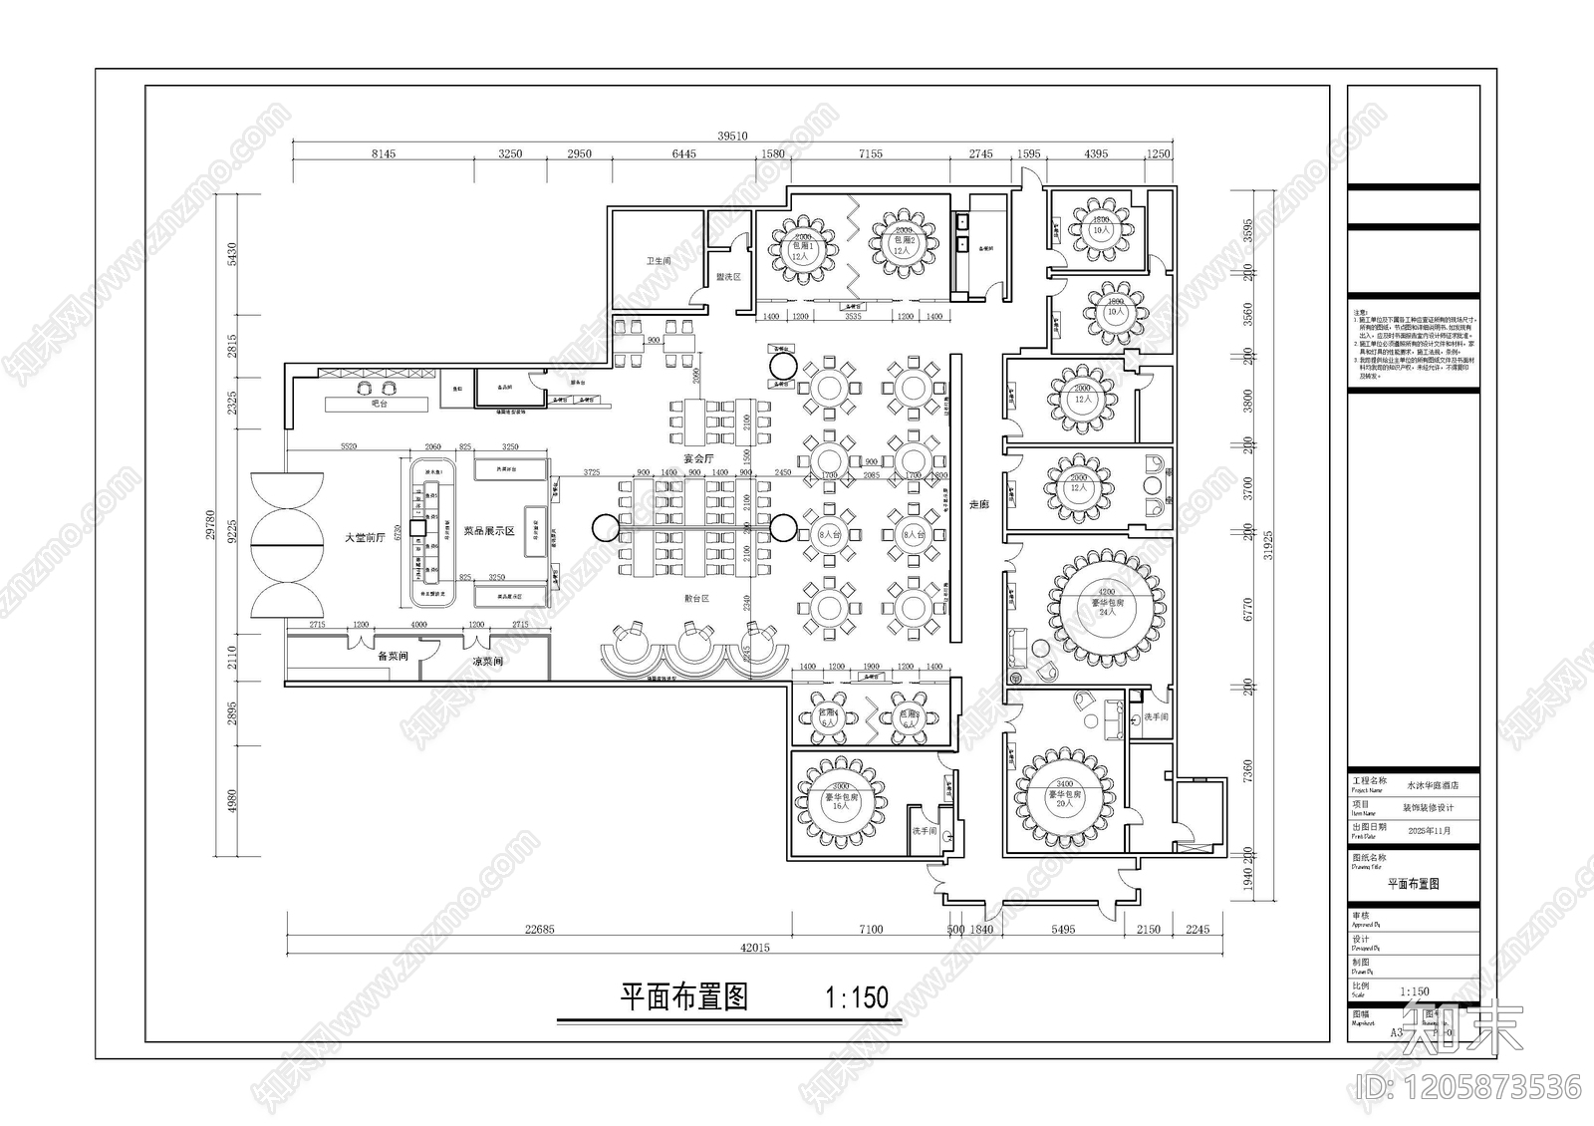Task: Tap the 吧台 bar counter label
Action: coord(379,405)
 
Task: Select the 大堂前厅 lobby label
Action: coord(365,538)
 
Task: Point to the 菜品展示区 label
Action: coord(488,531)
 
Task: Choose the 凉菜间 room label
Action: coord(487,661)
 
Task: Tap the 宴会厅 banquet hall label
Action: coord(700,458)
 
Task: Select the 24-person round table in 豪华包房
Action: coord(1106,604)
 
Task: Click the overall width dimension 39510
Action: coord(732,136)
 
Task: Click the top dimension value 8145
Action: coord(383,154)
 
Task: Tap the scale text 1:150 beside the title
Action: coord(857,997)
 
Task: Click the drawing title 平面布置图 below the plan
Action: coord(683,997)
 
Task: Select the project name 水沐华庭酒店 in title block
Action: coord(1432,785)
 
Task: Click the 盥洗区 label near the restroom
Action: coord(728,276)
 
